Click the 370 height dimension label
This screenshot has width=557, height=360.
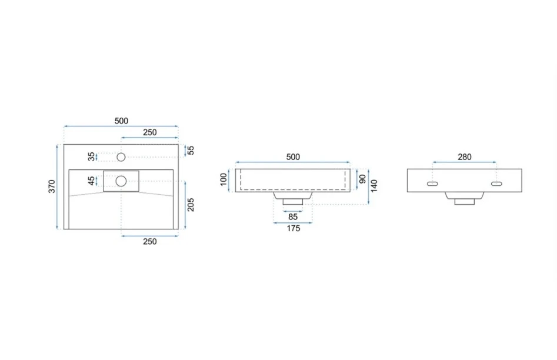point(52,186)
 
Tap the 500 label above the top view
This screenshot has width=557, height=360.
point(122,121)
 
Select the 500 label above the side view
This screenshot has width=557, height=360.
point(293,156)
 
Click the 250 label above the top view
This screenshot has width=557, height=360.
point(150,132)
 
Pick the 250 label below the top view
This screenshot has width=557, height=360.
point(150,241)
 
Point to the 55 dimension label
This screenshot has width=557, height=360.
point(191,151)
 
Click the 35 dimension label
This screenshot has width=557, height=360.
point(92,156)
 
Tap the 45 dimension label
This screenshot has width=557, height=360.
point(92,181)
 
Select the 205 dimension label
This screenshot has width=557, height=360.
point(191,205)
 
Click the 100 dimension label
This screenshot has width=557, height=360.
point(224,179)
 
